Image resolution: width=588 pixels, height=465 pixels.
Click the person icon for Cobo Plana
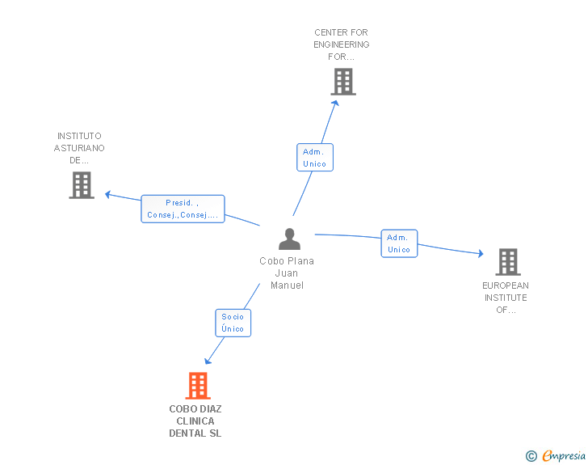[x=289, y=239]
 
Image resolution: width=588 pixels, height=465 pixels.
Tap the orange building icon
[x=198, y=386]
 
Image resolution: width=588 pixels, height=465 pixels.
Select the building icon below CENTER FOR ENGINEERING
[x=343, y=82]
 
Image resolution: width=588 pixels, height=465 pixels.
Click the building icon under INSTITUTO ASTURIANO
[x=82, y=185]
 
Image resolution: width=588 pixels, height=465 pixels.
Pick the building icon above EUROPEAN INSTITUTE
[x=508, y=262]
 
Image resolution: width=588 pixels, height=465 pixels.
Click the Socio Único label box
[x=233, y=323]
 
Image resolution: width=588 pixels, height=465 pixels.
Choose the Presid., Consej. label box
[x=183, y=209]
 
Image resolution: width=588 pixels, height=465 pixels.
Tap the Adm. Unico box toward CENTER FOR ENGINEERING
[x=315, y=158]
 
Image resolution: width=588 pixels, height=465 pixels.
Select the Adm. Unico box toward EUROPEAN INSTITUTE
[x=399, y=243]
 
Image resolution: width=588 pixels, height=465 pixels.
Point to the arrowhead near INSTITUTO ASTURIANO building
[x=107, y=195]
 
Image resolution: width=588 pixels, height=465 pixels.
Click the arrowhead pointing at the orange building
[x=208, y=361]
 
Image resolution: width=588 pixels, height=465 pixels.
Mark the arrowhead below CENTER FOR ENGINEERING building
[x=335, y=104]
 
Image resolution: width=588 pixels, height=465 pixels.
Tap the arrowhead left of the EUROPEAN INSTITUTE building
[x=481, y=254]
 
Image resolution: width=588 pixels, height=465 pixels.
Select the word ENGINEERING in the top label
[x=341, y=44]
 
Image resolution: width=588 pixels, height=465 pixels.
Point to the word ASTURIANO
[x=79, y=148]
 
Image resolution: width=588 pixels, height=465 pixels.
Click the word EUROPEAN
[x=506, y=285]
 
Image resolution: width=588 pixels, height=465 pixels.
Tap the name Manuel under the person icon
[x=288, y=285]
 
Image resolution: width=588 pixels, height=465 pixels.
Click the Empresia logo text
[x=564, y=455]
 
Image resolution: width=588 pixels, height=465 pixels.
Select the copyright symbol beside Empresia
[x=531, y=456]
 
